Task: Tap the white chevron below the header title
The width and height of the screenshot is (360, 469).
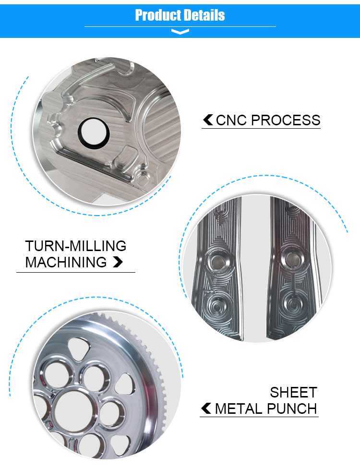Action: click(180, 31)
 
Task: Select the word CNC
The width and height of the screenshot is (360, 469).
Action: click(232, 120)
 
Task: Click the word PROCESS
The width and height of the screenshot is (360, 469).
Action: click(286, 120)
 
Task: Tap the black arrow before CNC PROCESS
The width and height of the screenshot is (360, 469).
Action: click(208, 120)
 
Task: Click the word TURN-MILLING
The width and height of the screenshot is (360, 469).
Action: click(76, 246)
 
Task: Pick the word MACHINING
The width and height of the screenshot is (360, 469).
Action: click(66, 262)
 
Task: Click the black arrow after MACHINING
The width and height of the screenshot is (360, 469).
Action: click(118, 262)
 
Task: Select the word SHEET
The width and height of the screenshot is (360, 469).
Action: click(294, 392)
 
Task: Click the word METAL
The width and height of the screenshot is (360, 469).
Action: click(239, 409)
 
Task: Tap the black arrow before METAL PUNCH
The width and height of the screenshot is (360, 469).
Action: click(206, 409)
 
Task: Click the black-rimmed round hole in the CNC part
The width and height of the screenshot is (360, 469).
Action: click(94, 132)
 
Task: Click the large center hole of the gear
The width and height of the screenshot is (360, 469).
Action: click(76, 410)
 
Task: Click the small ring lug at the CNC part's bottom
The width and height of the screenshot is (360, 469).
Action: click(143, 179)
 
